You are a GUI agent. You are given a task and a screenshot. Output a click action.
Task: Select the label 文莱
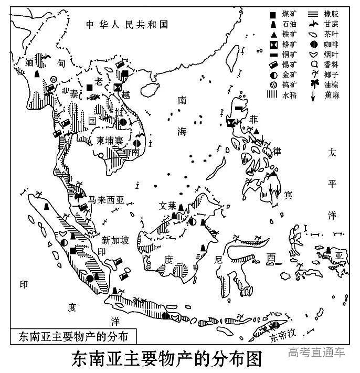pos(167,206)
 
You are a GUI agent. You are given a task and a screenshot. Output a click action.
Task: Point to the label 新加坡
pos(114,240)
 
